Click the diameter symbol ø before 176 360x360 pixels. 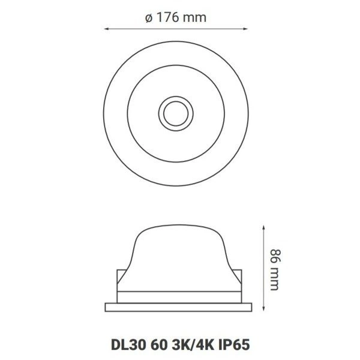tap(148, 17)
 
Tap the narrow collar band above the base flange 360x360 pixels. tap(178, 295)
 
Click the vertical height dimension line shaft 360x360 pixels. tap(263, 267)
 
